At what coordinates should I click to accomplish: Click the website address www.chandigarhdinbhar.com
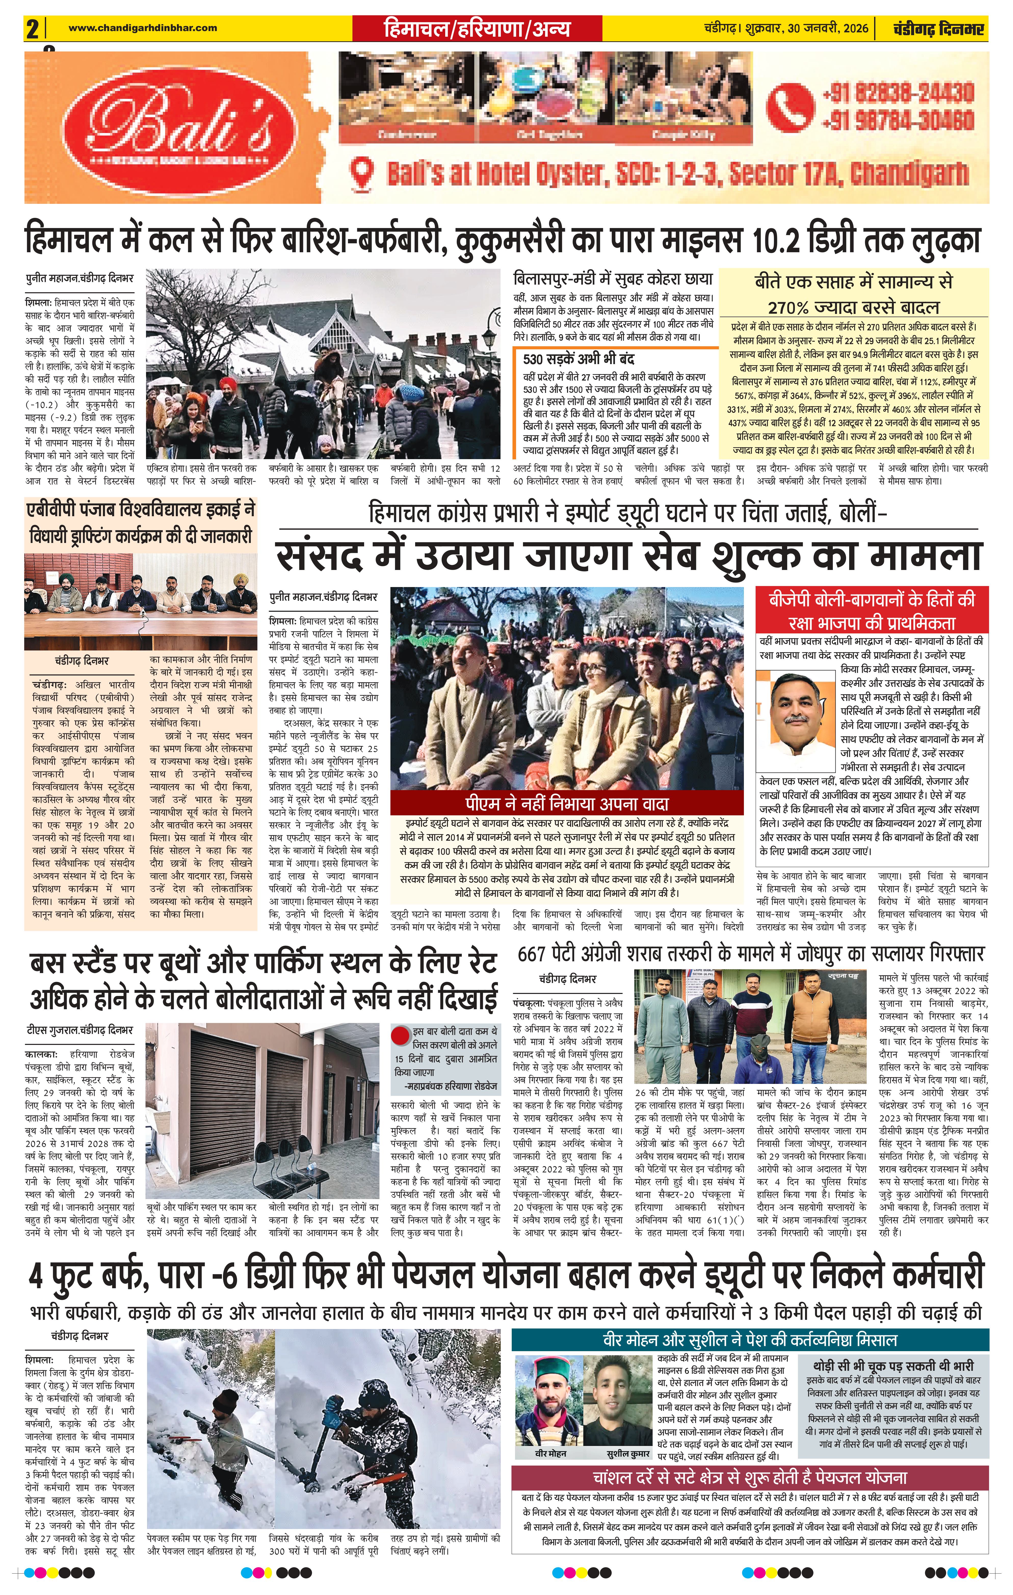(x=142, y=28)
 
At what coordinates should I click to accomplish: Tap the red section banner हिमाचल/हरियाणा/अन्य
(x=477, y=29)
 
